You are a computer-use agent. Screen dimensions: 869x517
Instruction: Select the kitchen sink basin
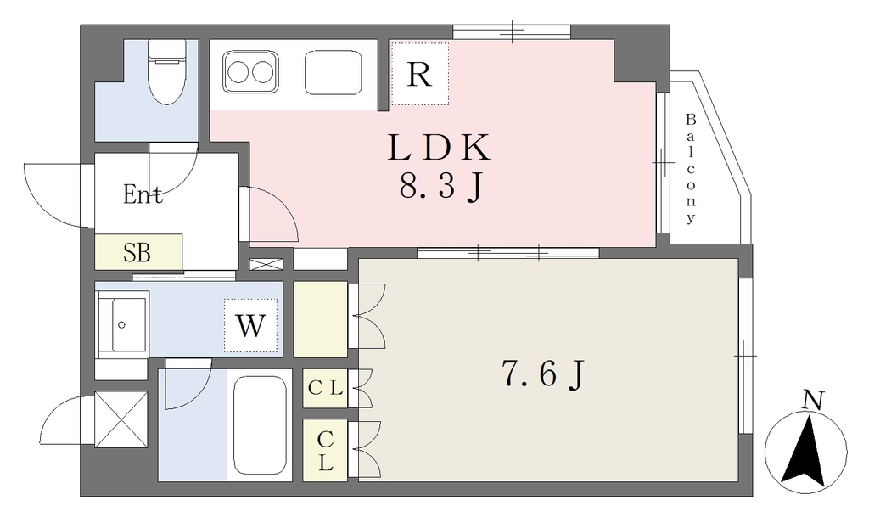[333, 73]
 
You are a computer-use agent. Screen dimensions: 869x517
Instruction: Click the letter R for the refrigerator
[419, 74]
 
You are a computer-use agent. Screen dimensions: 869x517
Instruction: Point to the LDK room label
[439, 148]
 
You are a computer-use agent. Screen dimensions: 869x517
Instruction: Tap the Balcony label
[691, 168]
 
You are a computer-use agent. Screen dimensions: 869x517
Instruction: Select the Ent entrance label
[143, 194]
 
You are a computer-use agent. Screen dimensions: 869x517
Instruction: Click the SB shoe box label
[137, 253]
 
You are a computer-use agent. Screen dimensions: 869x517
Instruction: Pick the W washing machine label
[250, 326]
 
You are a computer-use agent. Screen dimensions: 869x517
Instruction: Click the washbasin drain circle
[122, 325]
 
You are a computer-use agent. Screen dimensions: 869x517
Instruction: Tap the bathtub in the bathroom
[260, 425]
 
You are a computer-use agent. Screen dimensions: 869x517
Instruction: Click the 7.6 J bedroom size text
[543, 374]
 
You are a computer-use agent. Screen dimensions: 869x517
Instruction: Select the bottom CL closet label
[325, 451]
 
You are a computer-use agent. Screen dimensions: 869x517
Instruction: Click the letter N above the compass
[813, 400]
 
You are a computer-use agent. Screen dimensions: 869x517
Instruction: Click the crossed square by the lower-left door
[121, 419]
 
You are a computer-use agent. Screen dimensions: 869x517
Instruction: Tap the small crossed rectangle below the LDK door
[266, 264]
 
